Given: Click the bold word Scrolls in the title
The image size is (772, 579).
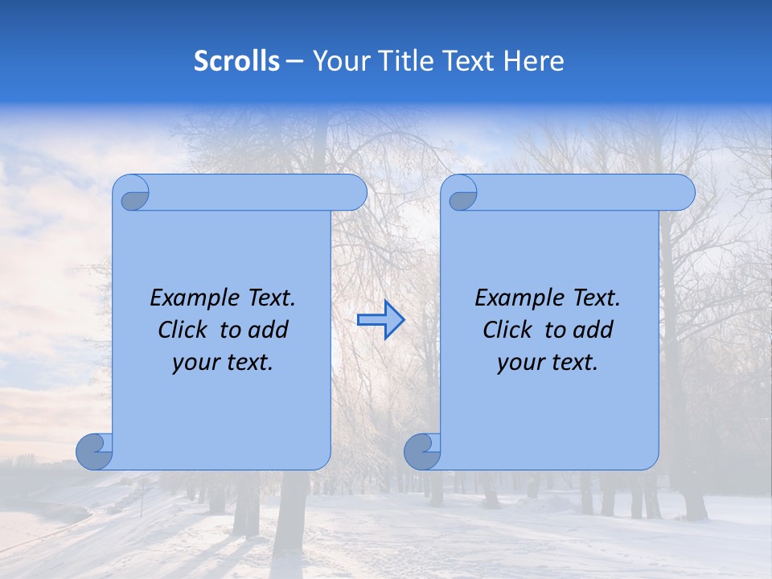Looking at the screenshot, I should pos(236,61).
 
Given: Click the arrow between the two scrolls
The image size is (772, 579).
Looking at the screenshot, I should pos(380,320).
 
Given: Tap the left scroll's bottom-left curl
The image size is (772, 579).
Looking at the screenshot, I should pos(95,451).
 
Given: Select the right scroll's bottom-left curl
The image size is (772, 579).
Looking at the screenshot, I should pos(423,451).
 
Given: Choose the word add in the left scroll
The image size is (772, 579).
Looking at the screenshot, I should pos(269,330).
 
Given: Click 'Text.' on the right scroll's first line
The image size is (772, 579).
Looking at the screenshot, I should pos(597,298).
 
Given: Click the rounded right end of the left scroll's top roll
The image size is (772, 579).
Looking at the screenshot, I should pos(355,193).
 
